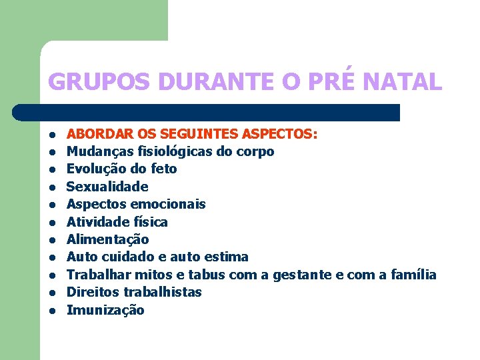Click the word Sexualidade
[x=107, y=187]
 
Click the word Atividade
[x=97, y=221]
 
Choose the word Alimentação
[x=108, y=239]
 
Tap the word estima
[x=227, y=257]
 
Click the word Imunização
[x=105, y=310]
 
